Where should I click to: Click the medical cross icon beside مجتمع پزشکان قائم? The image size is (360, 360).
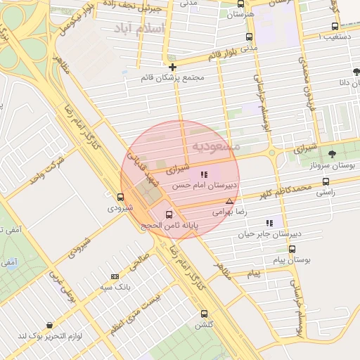(172, 67)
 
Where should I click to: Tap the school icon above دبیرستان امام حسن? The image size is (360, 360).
(204, 174)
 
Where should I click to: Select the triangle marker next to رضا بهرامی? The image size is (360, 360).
(229, 201)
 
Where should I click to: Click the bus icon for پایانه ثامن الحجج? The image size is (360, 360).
(169, 214)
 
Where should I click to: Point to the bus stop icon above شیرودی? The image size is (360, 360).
(121, 198)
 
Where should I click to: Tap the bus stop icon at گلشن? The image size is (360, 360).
(205, 314)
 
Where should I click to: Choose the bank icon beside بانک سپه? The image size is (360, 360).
(115, 276)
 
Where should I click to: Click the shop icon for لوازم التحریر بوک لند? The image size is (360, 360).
(49, 325)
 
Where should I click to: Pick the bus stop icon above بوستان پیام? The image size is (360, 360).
(292, 249)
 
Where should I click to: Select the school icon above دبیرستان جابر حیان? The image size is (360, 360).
(269, 223)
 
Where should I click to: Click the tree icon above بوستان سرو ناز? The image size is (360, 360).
(332, 154)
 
